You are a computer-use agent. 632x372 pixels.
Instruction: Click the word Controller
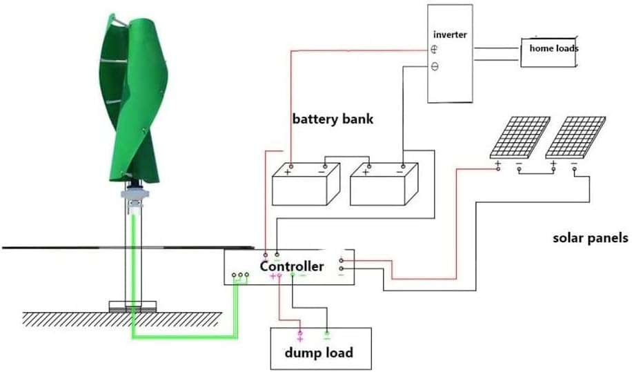291,266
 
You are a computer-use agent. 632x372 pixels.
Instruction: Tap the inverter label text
451,35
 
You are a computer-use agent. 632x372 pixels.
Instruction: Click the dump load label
319,353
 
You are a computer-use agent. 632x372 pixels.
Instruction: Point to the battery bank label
333,119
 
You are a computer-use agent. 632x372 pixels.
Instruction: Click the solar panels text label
591,238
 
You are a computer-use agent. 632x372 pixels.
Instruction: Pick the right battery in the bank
384,184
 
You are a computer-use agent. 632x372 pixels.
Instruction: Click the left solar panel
520,137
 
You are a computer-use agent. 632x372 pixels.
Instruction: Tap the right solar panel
576,137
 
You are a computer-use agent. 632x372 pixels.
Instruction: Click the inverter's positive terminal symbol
435,50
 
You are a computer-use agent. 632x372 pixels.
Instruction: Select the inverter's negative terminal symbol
435,67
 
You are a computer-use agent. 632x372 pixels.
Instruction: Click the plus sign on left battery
288,172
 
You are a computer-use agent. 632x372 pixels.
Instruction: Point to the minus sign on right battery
402,172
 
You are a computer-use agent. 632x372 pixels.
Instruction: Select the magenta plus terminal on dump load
299,337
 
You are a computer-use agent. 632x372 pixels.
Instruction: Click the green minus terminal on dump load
327,337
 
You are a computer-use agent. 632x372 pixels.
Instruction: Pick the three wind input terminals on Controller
240,275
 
